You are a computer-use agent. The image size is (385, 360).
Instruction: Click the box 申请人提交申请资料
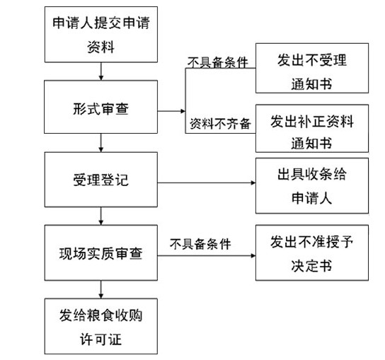[101, 35]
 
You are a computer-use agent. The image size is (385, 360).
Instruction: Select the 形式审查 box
[101, 107]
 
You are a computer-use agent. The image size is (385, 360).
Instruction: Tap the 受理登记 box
[101, 180]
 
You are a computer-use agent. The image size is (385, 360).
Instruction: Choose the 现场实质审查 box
[101, 252]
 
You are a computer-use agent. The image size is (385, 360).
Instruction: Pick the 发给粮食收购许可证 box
[101, 326]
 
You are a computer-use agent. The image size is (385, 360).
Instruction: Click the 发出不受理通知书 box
[312, 68]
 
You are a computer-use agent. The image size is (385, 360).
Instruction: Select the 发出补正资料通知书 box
[312, 128]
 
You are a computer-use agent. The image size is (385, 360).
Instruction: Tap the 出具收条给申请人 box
[312, 186]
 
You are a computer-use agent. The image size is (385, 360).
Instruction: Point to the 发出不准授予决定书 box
[312, 252]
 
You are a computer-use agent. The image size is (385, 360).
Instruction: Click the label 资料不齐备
[220, 124]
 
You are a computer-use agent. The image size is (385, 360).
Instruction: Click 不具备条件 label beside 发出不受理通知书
[218, 62]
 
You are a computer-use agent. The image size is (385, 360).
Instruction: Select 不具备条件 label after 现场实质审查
[200, 244]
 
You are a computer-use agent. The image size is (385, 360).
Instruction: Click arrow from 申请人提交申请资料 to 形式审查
[101, 71]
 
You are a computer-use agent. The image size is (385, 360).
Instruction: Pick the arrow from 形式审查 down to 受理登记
[101, 143]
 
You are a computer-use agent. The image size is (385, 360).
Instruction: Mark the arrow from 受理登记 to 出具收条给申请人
[207, 182]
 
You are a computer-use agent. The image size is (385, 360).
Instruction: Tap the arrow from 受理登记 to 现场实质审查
[101, 216]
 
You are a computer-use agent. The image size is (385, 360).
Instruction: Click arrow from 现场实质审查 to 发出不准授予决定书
[207, 256]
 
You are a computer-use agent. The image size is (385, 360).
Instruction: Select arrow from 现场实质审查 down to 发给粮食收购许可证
[101, 289]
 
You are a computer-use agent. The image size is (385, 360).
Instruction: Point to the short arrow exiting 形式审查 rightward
[171, 111]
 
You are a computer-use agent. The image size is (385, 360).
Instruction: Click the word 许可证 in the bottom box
[101, 339]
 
